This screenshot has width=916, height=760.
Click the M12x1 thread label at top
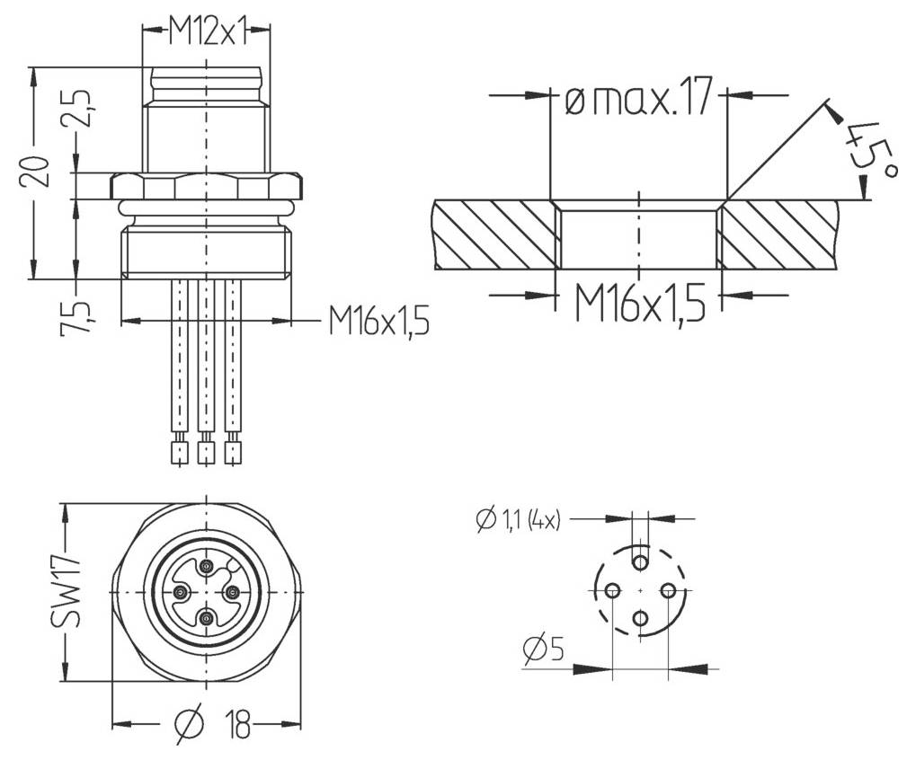[x=207, y=33]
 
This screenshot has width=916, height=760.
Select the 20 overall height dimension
[x=35, y=170]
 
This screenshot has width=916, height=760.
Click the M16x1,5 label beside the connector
[x=378, y=320]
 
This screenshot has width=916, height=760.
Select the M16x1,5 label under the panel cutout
[x=639, y=304]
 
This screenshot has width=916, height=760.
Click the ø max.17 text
[x=637, y=97]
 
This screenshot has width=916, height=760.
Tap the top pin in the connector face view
[x=208, y=566]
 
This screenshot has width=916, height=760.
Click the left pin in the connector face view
[x=181, y=592]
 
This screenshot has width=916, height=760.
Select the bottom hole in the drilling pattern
[x=640, y=618]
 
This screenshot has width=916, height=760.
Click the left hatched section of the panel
[x=493, y=234]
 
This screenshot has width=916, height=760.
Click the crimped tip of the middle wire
[x=207, y=451]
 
